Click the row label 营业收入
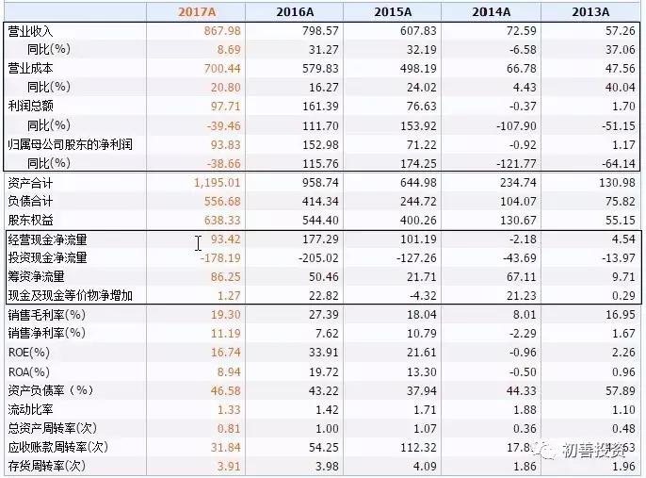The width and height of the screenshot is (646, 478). (x=30, y=31)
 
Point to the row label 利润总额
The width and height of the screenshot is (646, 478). (x=30, y=105)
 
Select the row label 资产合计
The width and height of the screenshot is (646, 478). (x=30, y=182)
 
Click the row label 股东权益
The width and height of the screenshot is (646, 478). (x=30, y=219)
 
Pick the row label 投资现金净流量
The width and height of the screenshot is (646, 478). (x=47, y=257)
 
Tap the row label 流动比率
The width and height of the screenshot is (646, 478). (x=30, y=409)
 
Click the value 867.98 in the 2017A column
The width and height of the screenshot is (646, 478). (x=221, y=31)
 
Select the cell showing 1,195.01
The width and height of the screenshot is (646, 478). (x=218, y=182)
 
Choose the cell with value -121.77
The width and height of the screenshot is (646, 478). (x=513, y=162)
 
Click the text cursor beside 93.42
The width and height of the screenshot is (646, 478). (x=199, y=243)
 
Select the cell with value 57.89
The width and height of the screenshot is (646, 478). (x=616, y=390)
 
